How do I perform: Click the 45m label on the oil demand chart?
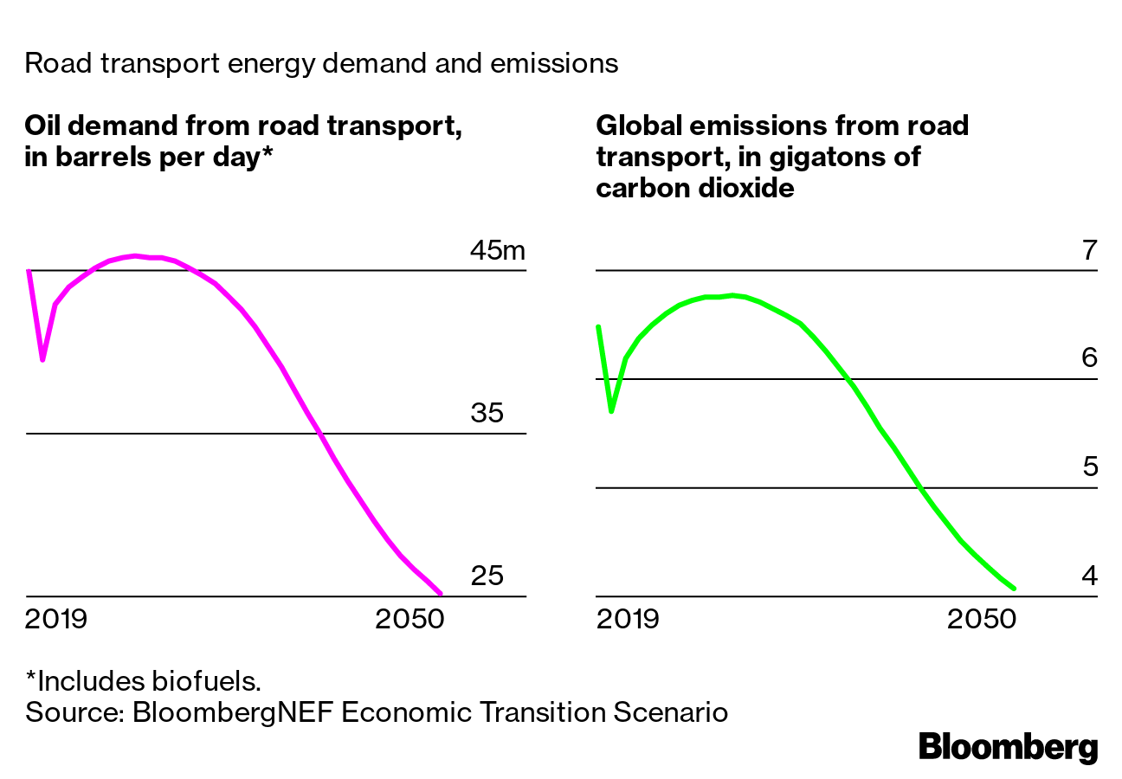tap(497, 251)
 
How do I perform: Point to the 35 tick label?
tap(487, 413)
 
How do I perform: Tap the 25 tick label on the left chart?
tap(487, 576)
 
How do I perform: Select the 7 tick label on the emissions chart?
tap(1089, 251)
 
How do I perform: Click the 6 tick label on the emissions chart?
tap(1089, 358)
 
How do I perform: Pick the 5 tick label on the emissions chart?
tap(1089, 467)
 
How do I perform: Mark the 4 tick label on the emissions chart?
tap(1089, 576)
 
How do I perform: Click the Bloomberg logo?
tap(1008, 746)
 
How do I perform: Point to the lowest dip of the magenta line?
tap(42, 359)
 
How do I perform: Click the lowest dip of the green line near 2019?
tap(611, 411)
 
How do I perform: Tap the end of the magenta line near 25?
tap(441, 593)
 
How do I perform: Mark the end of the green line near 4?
tap(1014, 589)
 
